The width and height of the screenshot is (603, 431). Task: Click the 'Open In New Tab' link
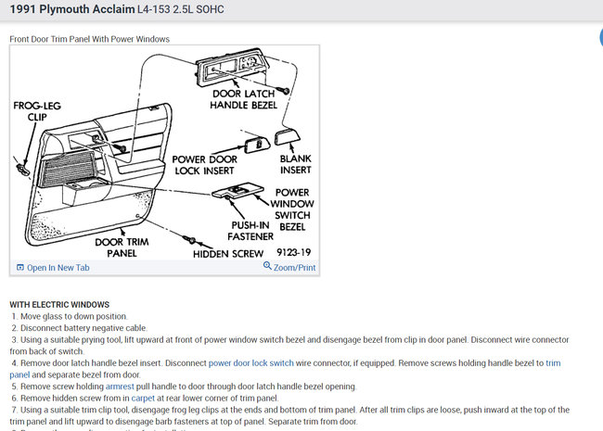click(x=58, y=268)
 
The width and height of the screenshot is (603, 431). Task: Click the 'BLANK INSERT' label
click(x=296, y=165)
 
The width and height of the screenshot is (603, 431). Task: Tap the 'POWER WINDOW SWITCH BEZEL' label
click(x=294, y=209)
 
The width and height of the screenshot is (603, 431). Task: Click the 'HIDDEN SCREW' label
click(x=227, y=253)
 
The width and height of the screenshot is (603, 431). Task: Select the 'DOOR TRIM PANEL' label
click(x=119, y=247)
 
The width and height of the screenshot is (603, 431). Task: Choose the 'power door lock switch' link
click(x=250, y=363)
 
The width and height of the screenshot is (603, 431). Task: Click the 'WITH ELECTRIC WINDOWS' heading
click(x=59, y=305)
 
